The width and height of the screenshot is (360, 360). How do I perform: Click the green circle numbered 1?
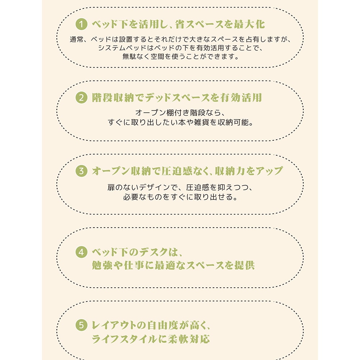(x=81, y=24)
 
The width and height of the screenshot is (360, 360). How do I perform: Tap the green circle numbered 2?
(x=81, y=98)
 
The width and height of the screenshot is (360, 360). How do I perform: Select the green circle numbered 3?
(x=81, y=171)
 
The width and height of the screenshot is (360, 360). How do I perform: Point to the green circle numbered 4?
(x=81, y=252)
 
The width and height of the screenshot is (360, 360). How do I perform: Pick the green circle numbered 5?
(x=81, y=325)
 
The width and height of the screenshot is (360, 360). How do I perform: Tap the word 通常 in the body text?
(x=77, y=39)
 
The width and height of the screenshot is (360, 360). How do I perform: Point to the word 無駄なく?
(x=136, y=56)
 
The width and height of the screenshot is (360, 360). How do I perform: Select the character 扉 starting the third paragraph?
(x=111, y=188)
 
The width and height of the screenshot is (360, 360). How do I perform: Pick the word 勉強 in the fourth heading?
(x=102, y=265)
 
